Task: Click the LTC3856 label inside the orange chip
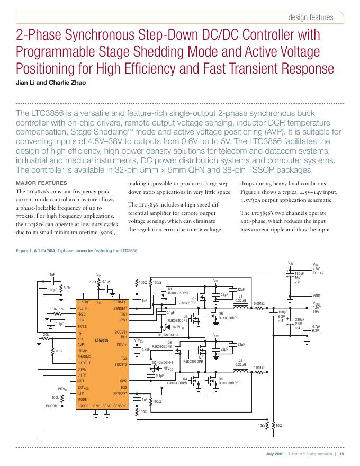pos(102,339)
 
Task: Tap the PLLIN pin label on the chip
pos(82,308)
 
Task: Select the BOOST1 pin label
pos(121,331)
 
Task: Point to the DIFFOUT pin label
pos(85,363)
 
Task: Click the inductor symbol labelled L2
pos(240,373)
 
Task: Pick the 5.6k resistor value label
pos(67,288)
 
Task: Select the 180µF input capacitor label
pos(299,273)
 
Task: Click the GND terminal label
pos(317,295)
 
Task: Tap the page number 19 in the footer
pos(342,454)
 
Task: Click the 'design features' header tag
pos(311,17)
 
